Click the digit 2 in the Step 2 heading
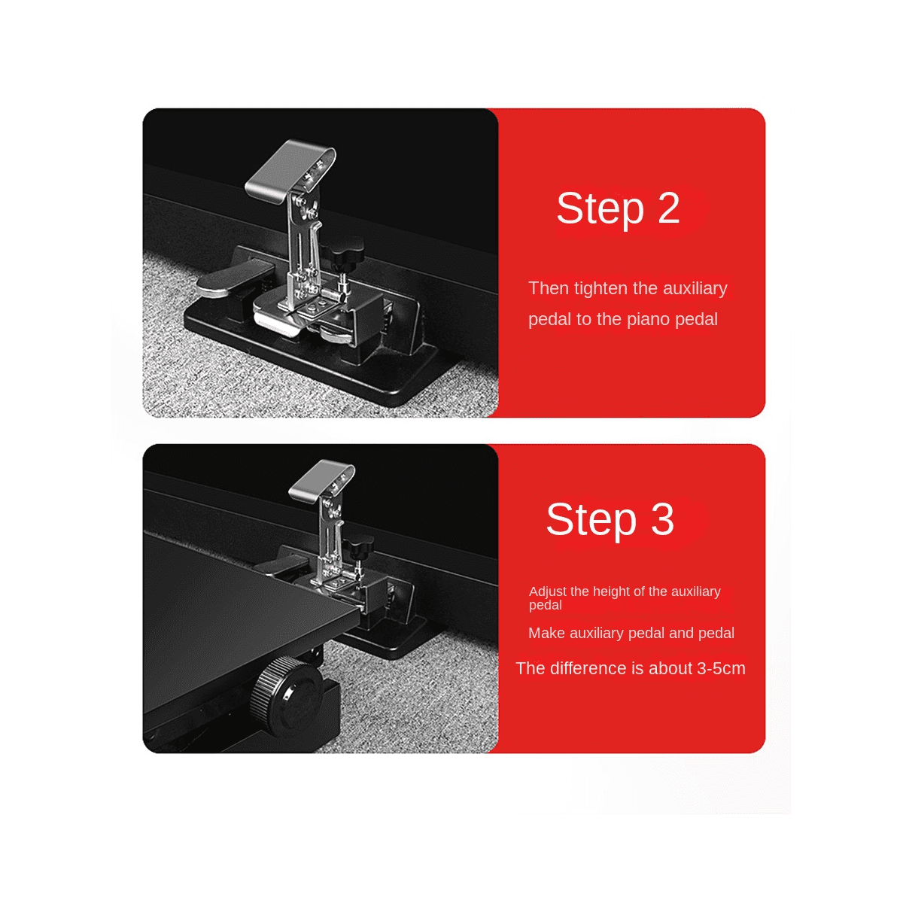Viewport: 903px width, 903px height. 668,208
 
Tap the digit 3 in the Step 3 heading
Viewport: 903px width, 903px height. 662,519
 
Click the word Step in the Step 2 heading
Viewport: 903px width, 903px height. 600,208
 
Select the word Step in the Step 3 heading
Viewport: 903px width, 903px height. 591,519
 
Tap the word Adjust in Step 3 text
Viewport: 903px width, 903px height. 548,591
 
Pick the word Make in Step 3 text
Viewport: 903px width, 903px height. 546,633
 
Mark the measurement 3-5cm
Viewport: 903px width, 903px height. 721,668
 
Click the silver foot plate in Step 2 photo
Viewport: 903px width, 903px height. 286,169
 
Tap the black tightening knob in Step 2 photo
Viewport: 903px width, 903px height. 341,253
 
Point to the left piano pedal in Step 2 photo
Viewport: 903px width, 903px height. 226,279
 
